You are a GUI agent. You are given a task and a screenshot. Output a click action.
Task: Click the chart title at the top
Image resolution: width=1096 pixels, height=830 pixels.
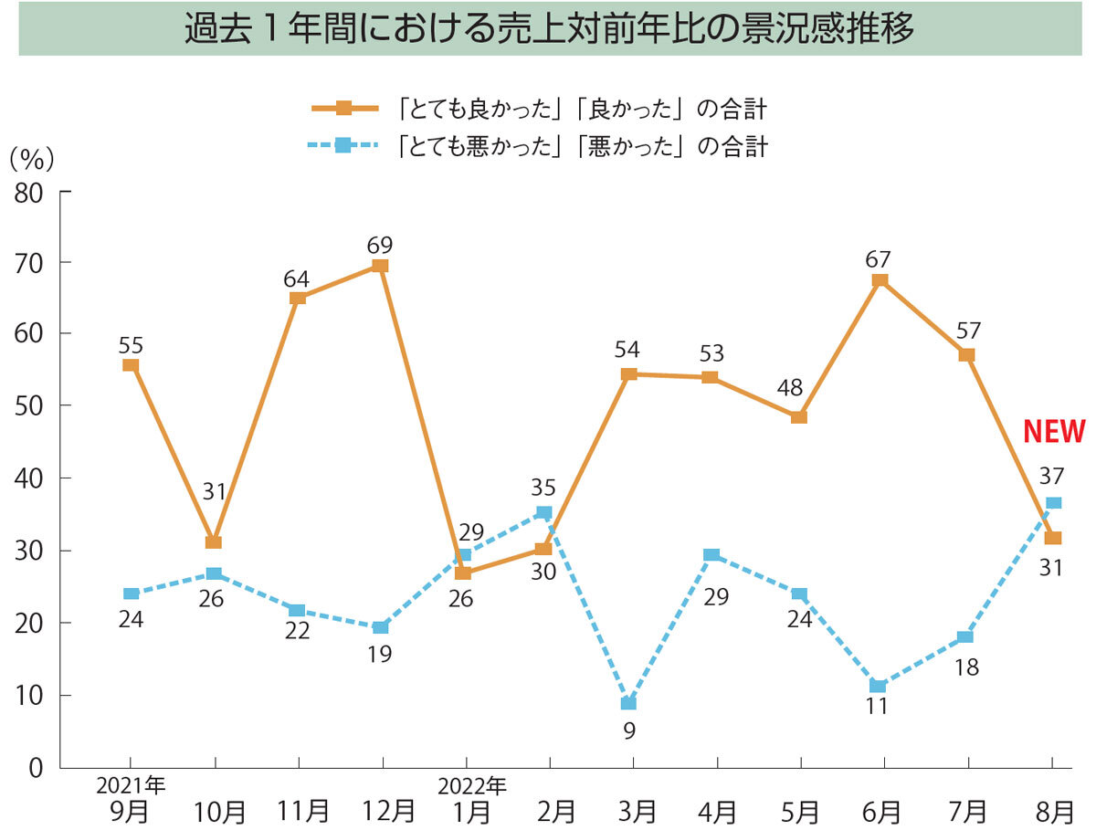549,30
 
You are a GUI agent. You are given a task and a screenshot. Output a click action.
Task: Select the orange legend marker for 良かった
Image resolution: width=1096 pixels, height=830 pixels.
343,109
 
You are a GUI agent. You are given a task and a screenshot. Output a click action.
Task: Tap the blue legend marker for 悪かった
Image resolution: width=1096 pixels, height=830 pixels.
343,145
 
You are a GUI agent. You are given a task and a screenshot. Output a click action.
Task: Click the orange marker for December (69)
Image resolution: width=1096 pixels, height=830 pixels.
381,266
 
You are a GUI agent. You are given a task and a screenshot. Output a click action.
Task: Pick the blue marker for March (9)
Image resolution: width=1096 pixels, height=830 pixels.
628,703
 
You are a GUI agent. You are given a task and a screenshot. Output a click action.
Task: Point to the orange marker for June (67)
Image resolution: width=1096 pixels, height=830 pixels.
880,280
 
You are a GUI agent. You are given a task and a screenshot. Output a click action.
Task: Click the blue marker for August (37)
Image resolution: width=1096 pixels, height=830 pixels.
1053,503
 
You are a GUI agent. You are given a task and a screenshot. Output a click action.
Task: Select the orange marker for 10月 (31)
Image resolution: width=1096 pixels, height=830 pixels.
214,542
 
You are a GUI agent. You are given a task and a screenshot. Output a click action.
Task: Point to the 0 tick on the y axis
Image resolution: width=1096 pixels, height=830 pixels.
35,769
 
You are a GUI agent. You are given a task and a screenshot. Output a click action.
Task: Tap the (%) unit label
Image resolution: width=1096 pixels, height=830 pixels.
31,159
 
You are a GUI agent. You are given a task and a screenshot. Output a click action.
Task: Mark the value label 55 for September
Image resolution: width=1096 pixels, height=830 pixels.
131,345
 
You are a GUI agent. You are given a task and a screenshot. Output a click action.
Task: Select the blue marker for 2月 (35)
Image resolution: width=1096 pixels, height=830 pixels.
544,513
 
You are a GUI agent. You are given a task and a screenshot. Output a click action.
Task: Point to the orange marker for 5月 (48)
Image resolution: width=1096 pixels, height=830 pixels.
799,417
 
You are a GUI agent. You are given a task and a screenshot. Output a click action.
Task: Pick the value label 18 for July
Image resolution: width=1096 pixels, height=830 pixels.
966,667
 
